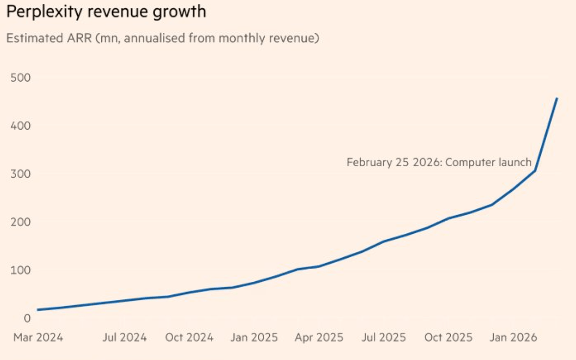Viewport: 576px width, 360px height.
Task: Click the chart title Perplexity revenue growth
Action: tap(106, 12)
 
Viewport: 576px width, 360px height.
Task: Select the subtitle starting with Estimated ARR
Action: tap(162, 38)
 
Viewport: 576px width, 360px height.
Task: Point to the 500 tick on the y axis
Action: tap(21, 78)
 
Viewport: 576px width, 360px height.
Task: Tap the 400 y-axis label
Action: tap(21, 126)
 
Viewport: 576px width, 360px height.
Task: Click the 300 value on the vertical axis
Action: tap(21, 174)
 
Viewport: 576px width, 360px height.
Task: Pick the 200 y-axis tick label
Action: tap(21, 222)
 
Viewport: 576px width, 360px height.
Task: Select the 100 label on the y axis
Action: tap(21, 270)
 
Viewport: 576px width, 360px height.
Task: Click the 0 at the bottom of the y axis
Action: tap(27, 318)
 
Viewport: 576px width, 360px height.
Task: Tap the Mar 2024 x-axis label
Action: tap(38, 337)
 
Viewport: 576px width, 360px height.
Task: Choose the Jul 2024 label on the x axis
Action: tap(124, 337)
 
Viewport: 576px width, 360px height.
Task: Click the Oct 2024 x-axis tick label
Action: tap(189, 337)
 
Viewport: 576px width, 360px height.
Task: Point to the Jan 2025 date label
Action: tap(254, 337)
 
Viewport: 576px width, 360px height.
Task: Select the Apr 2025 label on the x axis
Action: tap(319, 337)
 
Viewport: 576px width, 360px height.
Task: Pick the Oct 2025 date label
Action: tap(448, 337)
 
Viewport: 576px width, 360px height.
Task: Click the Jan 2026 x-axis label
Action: tap(513, 337)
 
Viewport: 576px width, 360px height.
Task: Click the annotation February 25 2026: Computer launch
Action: tap(438, 162)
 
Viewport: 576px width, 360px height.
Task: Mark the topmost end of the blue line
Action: tap(557, 98)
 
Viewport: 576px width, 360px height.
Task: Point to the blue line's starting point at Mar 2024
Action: tap(38, 310)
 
